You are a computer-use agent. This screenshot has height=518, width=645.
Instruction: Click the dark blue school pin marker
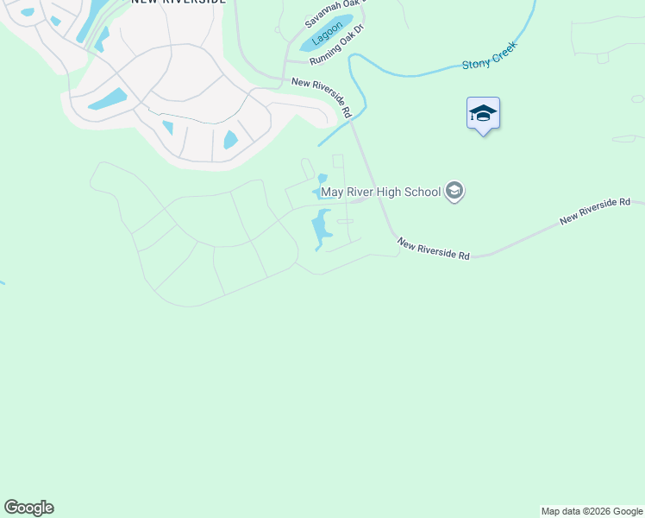pos(483,114)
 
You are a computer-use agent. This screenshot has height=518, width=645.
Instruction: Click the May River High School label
pos(380,192)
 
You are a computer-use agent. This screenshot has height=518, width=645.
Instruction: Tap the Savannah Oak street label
pos(329,12)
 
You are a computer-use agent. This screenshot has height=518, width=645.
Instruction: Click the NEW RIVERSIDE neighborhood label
pos(178,2)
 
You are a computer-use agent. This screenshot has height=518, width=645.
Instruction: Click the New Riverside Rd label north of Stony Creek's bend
pos(322,97)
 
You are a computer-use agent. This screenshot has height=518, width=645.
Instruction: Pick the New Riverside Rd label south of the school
pos(434,250)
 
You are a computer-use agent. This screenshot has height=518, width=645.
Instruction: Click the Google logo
pos(28,508)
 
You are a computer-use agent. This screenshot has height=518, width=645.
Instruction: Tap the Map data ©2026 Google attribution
pos(592,511)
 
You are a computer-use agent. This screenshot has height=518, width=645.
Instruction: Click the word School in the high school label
pos(423,192)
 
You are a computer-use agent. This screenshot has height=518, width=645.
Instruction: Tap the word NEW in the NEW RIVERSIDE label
pos(144,2)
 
